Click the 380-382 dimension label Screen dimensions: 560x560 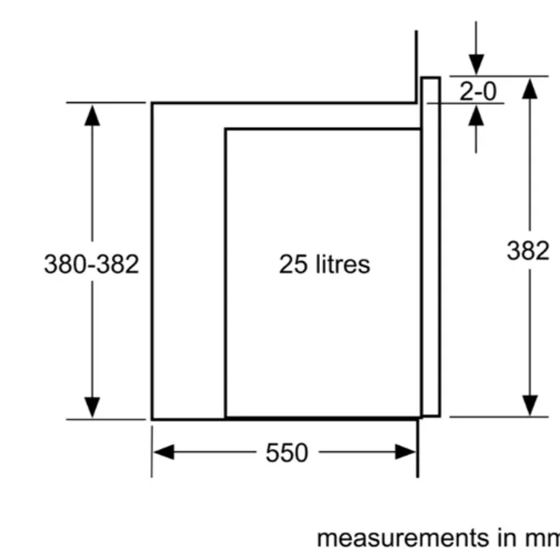click(91, 264)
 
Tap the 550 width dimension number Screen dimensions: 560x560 click(286, 453)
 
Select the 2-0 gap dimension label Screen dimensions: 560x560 click(478, 91)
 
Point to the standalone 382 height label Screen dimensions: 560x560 click(528, 250)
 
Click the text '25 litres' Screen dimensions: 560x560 click(324, 264)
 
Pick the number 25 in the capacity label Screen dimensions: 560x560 click(293, 264)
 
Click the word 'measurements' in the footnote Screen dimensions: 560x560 click(402, 538)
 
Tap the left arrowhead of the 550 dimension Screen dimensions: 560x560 click(163, 452)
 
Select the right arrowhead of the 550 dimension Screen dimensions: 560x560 click(406, 452)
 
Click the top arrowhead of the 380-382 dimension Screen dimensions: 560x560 click(92, 115)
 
